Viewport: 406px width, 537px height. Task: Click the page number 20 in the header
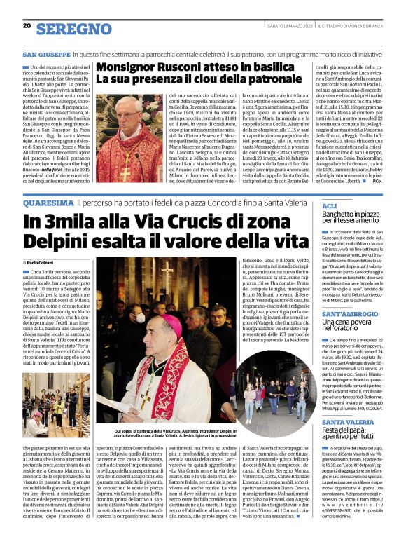click(x=27, y=25)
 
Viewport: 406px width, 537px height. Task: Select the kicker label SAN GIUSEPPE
click(x=45, y=54)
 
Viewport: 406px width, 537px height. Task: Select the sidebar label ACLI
click(x=329, y=205)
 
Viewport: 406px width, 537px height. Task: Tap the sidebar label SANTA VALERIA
click(x=347, y=422)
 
